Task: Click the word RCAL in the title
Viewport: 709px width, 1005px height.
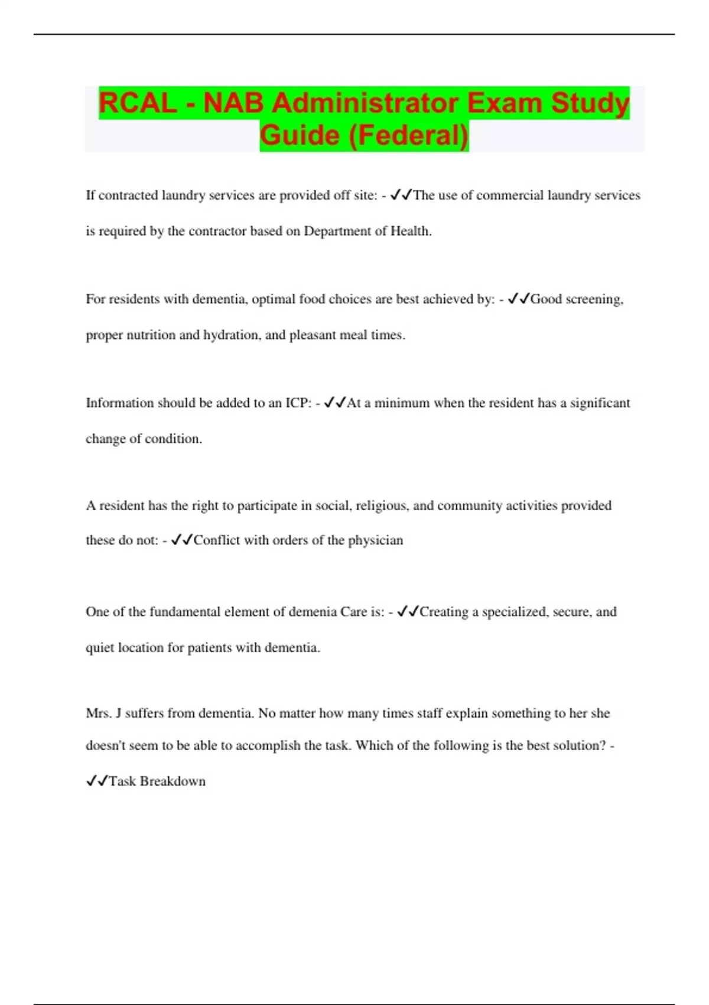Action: pos(137,103)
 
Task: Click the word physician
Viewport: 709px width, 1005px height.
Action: pos(375,540)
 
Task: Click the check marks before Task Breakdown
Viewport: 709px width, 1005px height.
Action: pos(97,782)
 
